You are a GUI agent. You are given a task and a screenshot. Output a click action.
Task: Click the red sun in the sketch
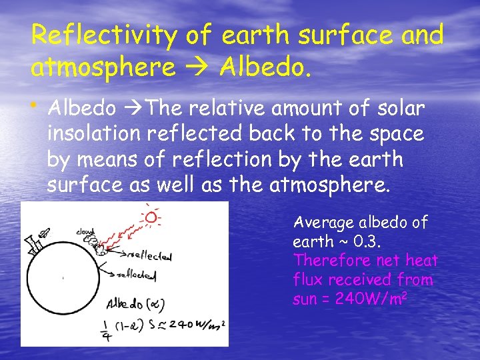pos(151,217)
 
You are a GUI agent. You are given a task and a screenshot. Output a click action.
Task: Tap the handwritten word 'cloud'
pos(85,232)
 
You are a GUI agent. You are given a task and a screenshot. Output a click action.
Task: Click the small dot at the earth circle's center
pos(63,277)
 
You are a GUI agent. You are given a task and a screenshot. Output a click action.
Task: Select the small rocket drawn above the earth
pos(45,233)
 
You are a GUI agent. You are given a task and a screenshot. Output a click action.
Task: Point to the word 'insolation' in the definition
pos(93,134)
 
